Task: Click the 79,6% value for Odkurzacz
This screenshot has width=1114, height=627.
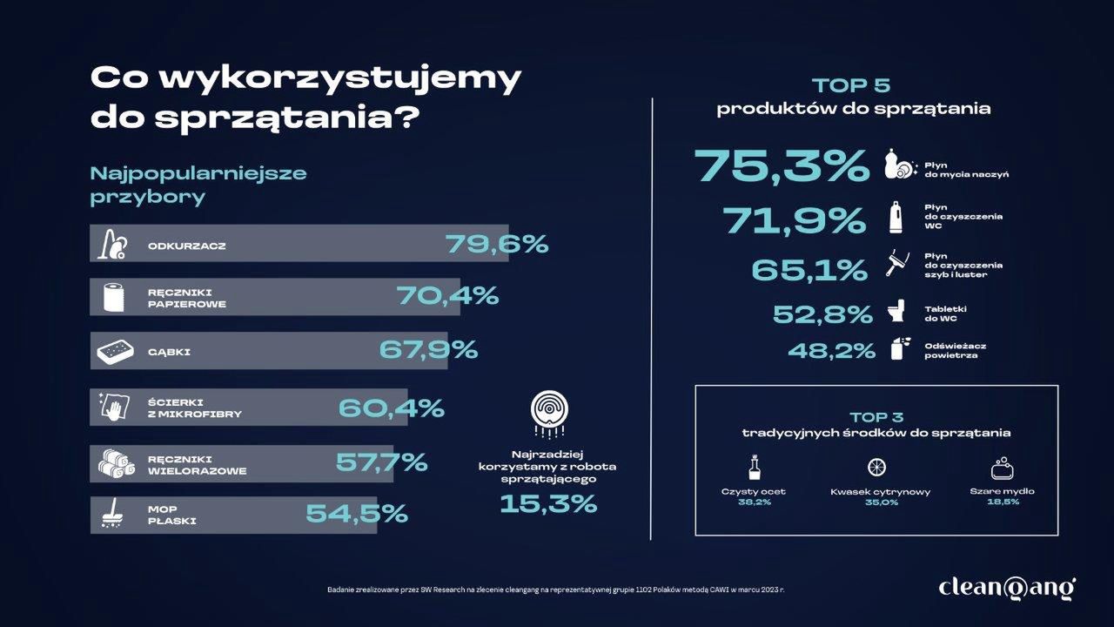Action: click(497, 244)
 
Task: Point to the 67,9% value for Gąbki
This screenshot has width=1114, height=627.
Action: click(428, 350)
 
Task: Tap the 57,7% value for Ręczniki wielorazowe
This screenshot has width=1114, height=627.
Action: click(381, 462)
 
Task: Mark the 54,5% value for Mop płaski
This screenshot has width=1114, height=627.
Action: click(357, 514)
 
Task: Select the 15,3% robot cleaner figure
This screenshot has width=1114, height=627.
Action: click(548, 502)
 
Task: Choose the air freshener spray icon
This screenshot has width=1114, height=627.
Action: click(896, 349)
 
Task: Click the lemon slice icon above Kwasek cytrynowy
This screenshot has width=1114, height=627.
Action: click(880, 468)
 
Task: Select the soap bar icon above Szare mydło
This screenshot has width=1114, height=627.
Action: click(1002, 468)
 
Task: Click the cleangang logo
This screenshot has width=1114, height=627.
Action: click(1007, 588)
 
